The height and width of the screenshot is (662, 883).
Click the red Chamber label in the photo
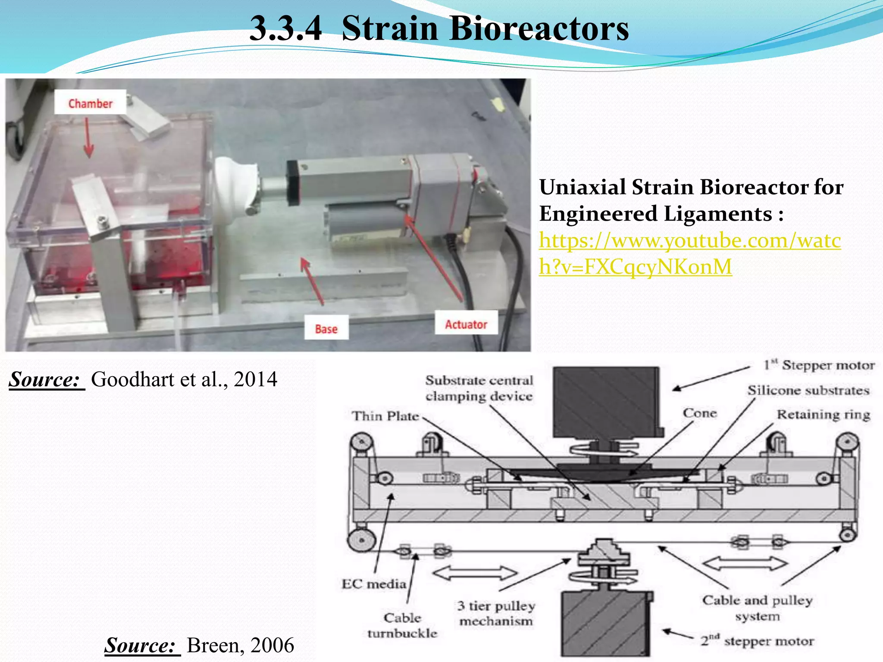point(90,103)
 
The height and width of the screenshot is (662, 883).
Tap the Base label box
point(326,329)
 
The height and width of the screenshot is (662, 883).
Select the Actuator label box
point(466,324)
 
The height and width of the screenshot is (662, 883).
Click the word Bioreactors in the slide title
point(485,29)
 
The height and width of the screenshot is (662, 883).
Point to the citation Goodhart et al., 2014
point(184,379)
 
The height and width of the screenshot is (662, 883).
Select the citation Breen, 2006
point(240,645)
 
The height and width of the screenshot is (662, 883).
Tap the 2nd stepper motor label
point(757,641)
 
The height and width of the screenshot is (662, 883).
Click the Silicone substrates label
point(808,390)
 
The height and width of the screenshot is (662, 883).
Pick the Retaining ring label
point(823,415)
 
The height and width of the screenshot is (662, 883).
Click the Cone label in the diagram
point(699,413)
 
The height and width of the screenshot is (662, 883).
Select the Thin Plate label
point(385,416)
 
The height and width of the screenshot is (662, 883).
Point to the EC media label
point(374,584)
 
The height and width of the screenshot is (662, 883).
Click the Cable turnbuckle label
point(402,625)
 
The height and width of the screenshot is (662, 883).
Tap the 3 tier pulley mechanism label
point(496,613)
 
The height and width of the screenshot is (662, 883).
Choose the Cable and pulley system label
point(757,608)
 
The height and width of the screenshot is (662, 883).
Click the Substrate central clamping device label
point(479,388)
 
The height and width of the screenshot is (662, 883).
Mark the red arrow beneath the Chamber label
point(88,138)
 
